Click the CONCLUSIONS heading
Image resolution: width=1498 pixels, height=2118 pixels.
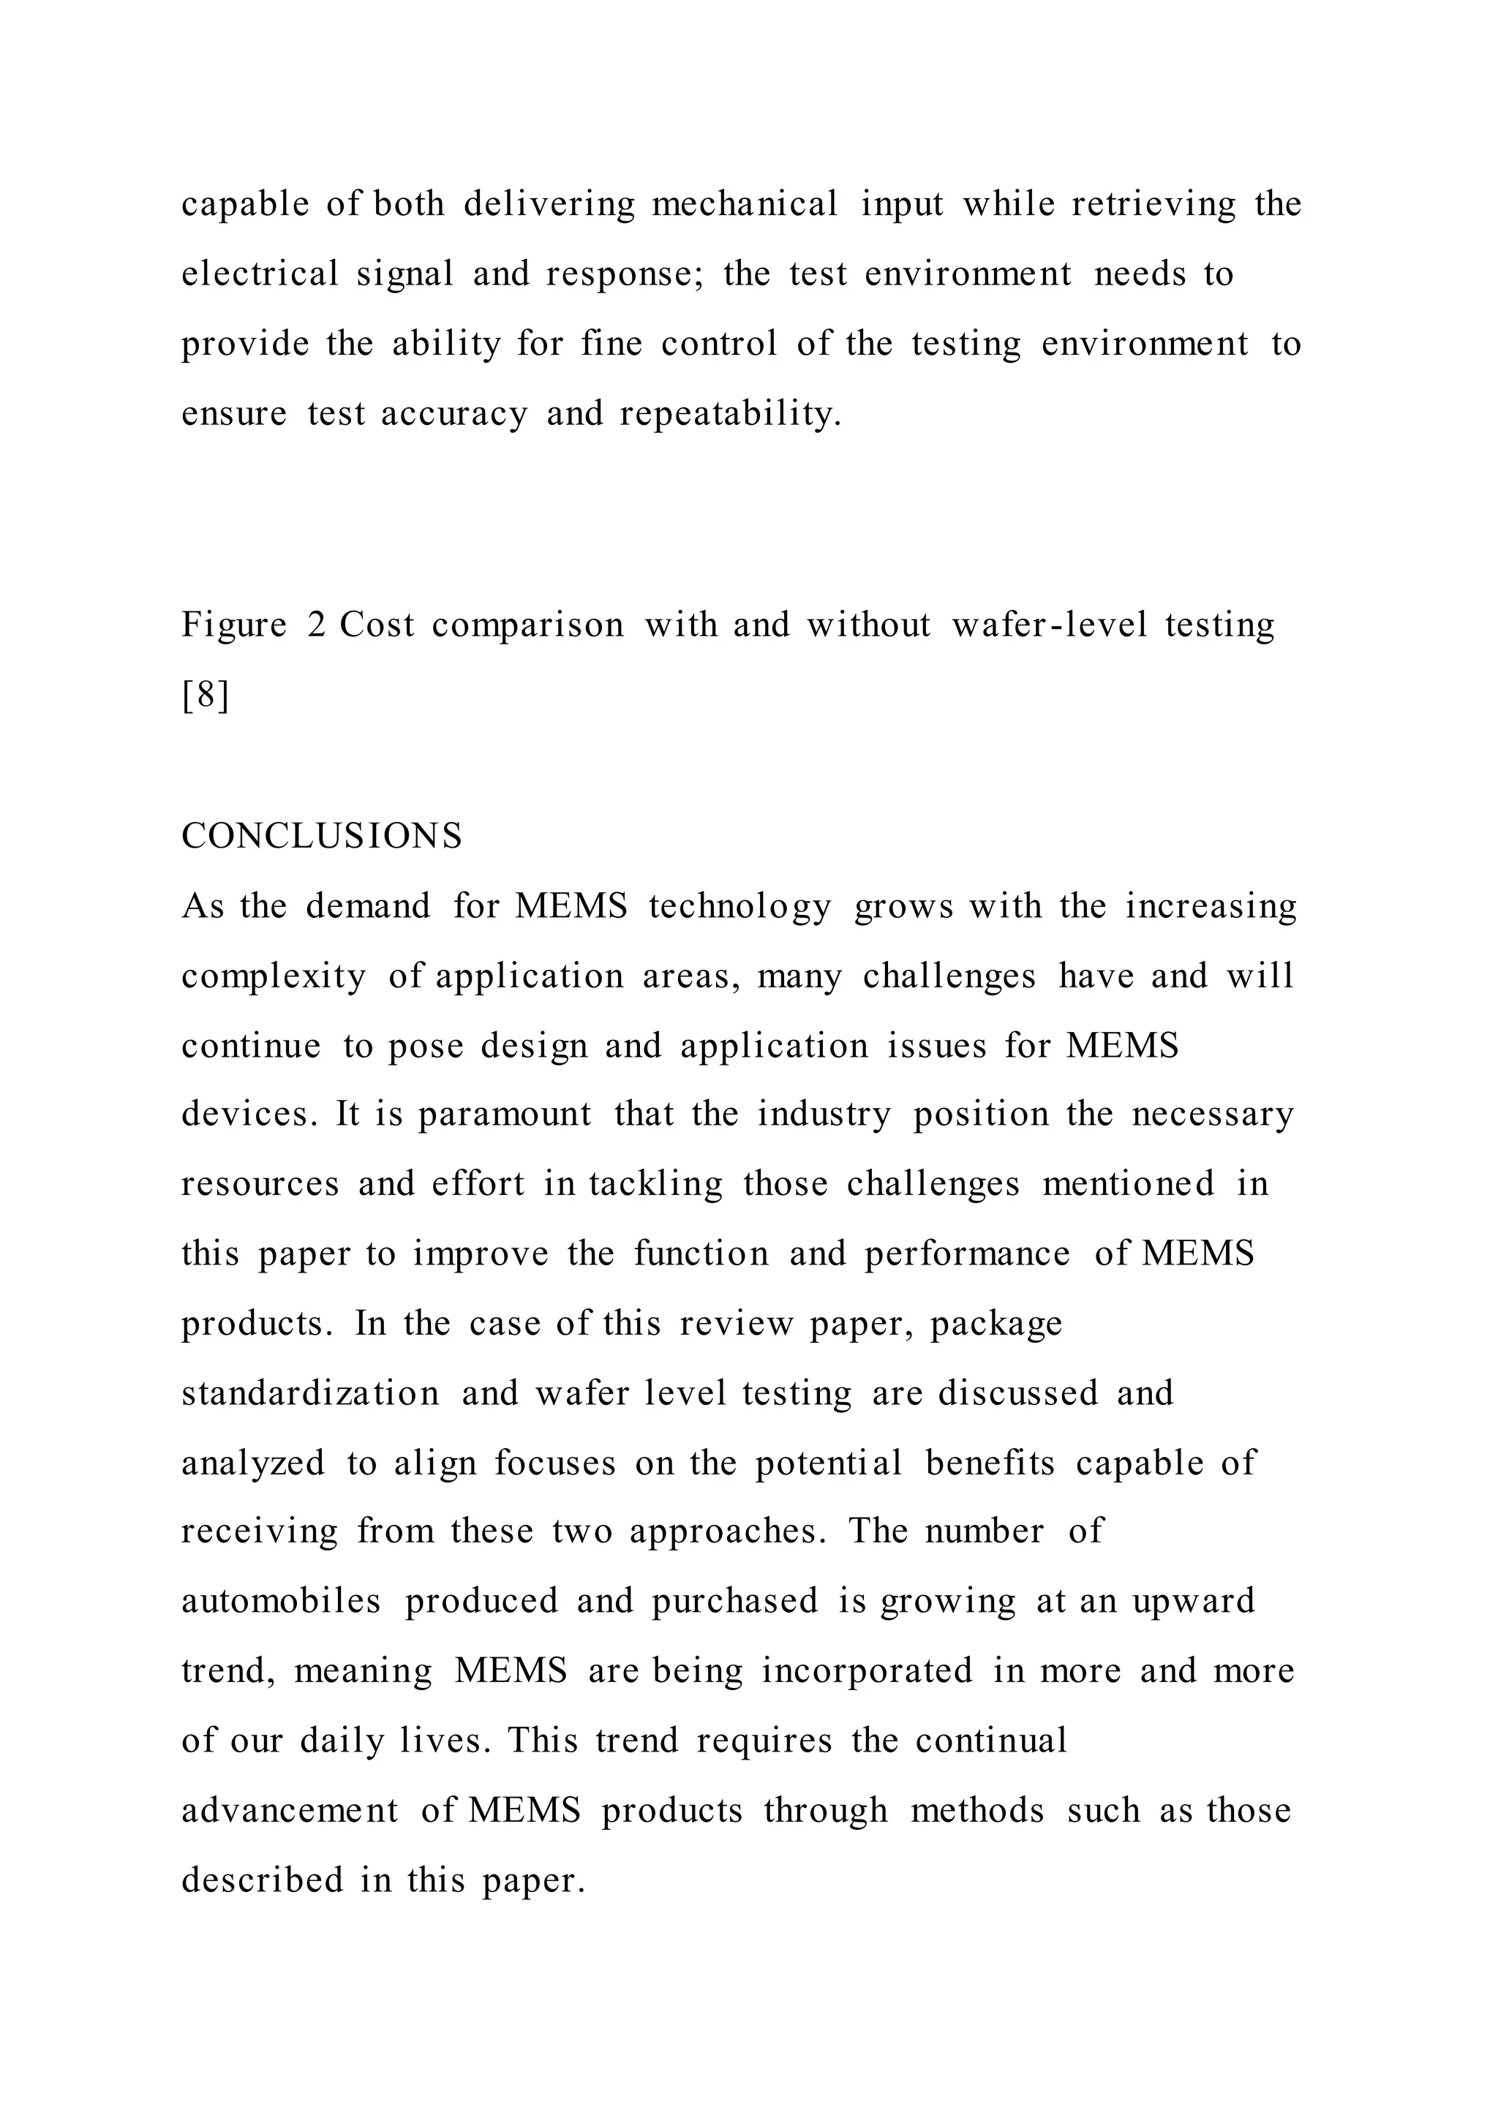(x=322, y=837)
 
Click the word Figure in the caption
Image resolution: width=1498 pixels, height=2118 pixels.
(x=234, y=626)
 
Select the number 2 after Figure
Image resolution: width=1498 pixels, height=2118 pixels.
(x=317, y=626)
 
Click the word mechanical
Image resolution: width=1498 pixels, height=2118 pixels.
(x=745, y=204)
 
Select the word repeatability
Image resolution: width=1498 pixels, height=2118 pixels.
(x=731, y=414)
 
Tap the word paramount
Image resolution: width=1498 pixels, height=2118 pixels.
(x=505, y=1115)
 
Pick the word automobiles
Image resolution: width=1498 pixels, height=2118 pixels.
(x=282, y=1600)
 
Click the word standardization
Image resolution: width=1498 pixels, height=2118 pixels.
(x=311, y=1393)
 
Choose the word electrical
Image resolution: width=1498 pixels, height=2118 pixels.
(x=260, y=274)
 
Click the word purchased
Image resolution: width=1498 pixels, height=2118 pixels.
(x=735, y=1600)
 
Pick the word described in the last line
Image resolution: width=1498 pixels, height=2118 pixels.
(x=262, y=1880)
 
